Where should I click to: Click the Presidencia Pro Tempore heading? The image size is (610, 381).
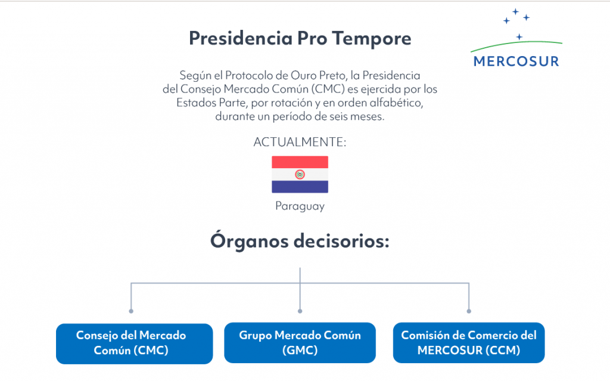pyautogui.click(x=300, y=39)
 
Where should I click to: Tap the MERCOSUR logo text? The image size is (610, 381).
pyautogui.click(x=516, y=61)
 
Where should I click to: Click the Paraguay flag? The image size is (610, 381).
pyautogui.click(x=300, y=175)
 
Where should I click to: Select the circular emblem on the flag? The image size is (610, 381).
pyautogui.click(x=300, y=175)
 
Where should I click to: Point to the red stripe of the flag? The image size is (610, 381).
pyautogui.click(x=300, y=162)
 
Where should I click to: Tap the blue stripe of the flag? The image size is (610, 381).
pyautogui.click(x=300, y=187)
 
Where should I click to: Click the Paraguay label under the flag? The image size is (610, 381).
pyautogui.click(x=300, y=206)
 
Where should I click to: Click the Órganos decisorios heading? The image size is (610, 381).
pyautogui.click(x=300, y=240)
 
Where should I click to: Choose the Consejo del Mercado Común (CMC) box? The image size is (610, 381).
pyautogui.click(x=134, y=343)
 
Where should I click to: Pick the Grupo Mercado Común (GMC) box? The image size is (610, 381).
pyautogui.click(x=300, y=343)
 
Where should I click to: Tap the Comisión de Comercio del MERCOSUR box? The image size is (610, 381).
pyautogui.click(x=469, y=343)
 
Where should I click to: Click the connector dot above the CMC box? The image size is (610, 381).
pyautogui.click(x=131, y=311)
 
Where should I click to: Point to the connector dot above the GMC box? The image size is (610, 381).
pyautogui.click(x=300, y=311)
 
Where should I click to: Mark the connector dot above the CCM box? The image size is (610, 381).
pyautogui.click(x=469, y=311)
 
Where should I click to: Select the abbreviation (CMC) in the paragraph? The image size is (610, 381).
pyautogui.click(x=328, y=89)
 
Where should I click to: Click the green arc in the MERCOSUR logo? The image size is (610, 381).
pyautogui.click(x=516, y=44)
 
